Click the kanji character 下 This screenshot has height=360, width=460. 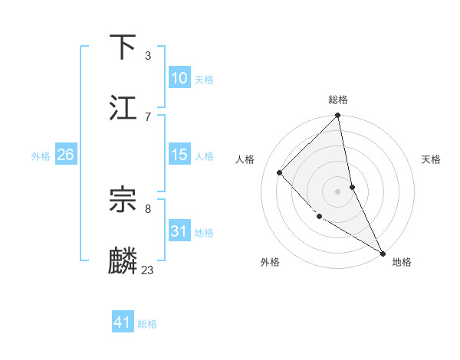point(123,47)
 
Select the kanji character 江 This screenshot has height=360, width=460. point(123,108)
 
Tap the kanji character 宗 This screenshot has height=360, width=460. point(123,201)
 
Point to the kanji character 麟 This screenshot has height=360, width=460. point(123,261)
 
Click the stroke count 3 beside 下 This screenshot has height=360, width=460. point(148,55)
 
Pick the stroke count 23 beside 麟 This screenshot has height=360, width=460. point(148,270)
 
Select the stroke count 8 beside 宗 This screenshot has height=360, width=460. point(148,208)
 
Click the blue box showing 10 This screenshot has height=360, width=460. point(179,78)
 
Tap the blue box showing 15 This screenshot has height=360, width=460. point(179,155)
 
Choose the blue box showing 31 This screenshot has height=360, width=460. point(179,231)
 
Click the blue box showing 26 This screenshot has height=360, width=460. point(65,155)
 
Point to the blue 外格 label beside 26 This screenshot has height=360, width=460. point(41,156)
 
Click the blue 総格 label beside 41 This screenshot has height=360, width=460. point(147,324)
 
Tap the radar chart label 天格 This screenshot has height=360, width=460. point(432,159)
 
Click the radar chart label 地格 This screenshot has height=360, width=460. point(402,262)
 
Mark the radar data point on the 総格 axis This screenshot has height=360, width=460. point(337,116)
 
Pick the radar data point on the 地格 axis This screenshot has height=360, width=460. point(383,253)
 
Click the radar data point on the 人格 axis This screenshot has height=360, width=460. point(280,172)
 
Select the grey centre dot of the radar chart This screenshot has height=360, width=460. point(337,191)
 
